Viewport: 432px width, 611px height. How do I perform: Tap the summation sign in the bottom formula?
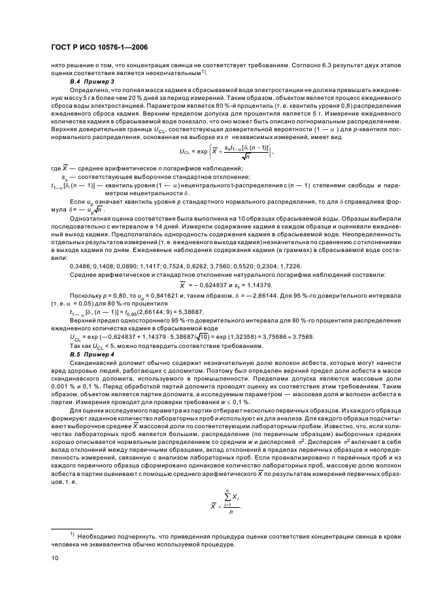[225, 482]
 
